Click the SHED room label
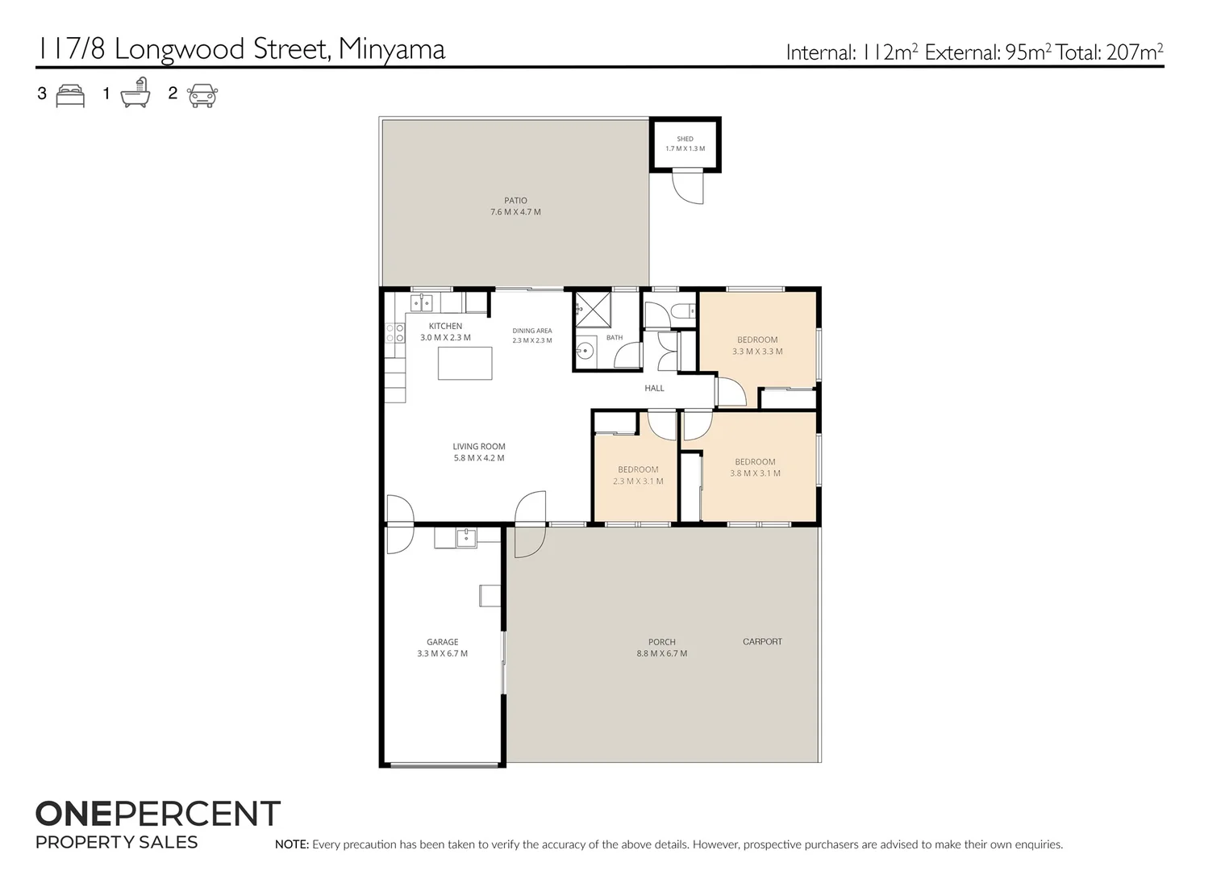[685, 139]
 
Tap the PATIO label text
[515, 201]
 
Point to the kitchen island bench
[465, 363]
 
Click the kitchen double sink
[421, 302]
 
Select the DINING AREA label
[532, 331]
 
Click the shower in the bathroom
[593, 310]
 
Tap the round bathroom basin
[585, 351]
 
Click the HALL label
[654, 388]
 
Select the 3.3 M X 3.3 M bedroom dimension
[757, 352]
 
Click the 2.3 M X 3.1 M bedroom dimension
[638, 481]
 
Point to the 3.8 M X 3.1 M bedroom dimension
[755, 473]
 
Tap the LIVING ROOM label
[478, 447]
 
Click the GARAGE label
[442, 642]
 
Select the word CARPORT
[762, 641]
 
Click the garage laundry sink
[466, 537]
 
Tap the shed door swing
[688, 188]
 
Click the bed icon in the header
[70, 96]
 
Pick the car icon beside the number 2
[202, 95]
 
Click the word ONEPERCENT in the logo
[157, 814]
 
